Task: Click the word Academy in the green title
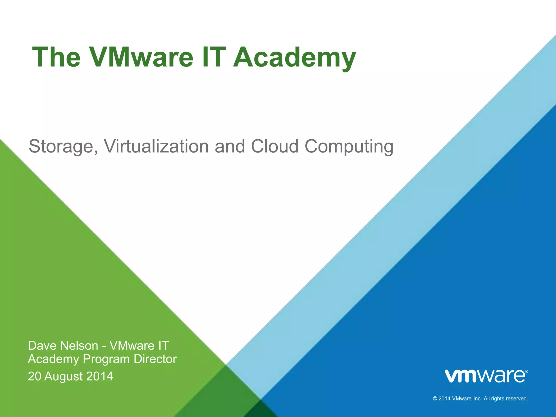coord(294,58)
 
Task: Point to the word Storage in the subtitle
coord(63,147)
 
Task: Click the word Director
coord(155,359)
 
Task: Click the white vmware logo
coord(485,376)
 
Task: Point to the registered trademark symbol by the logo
coord(526,371)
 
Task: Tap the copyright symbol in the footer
coord(435,399)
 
